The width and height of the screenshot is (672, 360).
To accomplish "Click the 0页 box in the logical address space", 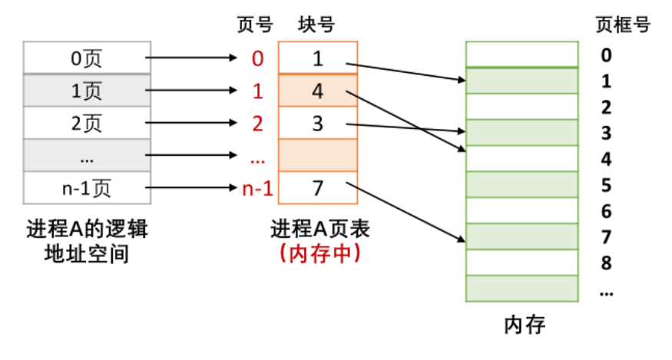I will coord(87,57).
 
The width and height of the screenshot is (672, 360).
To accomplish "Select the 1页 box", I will coord(87,91).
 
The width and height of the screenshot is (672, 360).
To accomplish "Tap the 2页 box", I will coord(87,123).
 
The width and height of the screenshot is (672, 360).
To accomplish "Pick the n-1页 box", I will coord(87,188).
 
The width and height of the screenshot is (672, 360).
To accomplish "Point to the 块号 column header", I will coord(316,25).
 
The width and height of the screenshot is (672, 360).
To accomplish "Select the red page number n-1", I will coord(257,188).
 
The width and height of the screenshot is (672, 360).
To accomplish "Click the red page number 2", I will coord(257,123).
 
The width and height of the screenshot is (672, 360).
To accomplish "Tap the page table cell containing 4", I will coord(317,91).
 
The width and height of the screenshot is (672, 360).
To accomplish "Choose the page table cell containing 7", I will coord(317,188).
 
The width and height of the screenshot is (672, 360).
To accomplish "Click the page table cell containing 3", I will coord(317,123).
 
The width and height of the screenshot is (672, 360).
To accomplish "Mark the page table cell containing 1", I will coord(317,57).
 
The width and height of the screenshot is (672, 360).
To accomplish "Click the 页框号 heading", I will coord(623,25).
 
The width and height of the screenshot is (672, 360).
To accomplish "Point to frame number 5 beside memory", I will coord(607,185).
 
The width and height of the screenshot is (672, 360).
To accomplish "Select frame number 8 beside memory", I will coord(607,263).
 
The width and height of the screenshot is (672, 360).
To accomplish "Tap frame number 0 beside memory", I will coord(607,55).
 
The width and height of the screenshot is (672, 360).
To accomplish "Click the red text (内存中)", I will coord(316,253).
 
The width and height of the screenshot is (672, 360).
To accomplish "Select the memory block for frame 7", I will coord(522,236).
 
